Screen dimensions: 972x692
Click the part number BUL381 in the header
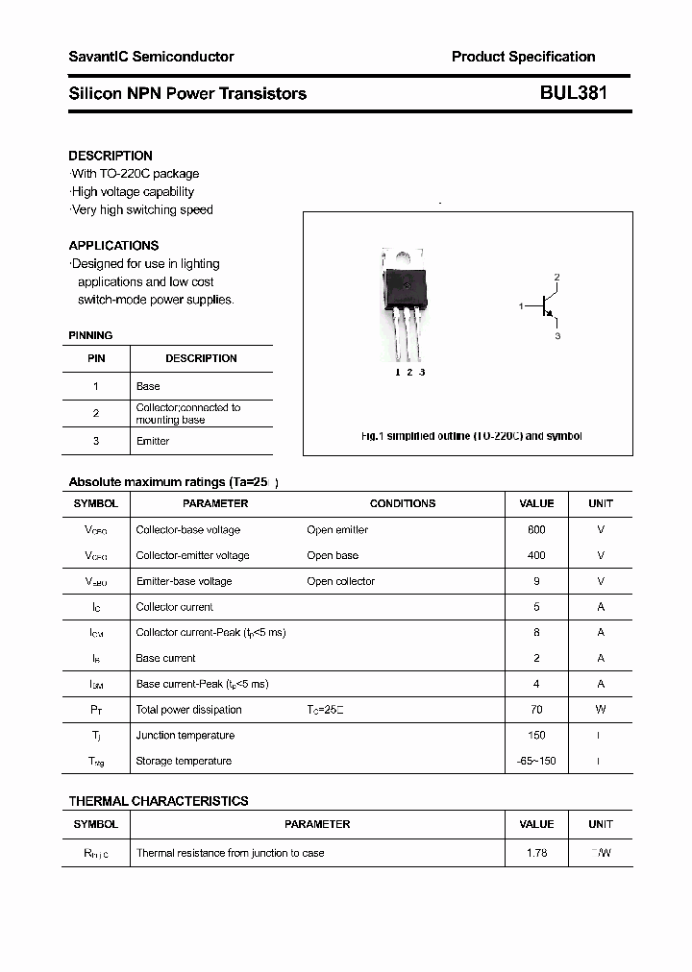pyautogui.click(x=573, y=93)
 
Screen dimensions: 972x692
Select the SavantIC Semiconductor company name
pyautogui.click(x=151, y=57)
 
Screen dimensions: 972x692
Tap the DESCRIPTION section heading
pyautogui.click(x=111, y=156)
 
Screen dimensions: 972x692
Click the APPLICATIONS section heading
pyautogui.click(x=113, y=245)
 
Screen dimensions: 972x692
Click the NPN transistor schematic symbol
pyautogui.click(x=547, y=306)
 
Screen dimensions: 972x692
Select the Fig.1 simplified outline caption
pyautogui.click(x=471, y=436)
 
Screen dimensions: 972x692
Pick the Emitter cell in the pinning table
pyautogui.click(x=153, y=441)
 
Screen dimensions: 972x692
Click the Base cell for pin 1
pyautogui.click(x=148, y=386)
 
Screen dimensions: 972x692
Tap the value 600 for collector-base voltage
pyautogui.click(x=536, y=529)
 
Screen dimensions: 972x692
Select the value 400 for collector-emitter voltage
pyautogui.click(x=536, y=555)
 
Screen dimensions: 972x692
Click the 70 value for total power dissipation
pyautogui.click(x=536, y=710)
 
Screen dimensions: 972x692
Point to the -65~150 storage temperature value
pyautogui.click(x=536, y=761)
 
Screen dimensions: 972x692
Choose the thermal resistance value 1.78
pyautogui.click(x=536, y=853)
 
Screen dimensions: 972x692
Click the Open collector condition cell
pyautogui.click(x=340, y=581)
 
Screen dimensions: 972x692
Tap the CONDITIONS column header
pyautogui.click(x=403, y=503)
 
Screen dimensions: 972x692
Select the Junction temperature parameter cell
pyautogui.click(x=185, y=736)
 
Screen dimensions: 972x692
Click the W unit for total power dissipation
pyautogui.click(x=601, y=710)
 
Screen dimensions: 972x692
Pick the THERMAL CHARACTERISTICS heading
pyautogui.click(x=159, y=801)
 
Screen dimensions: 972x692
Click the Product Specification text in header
pyautogui.click(x=523, y=57)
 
